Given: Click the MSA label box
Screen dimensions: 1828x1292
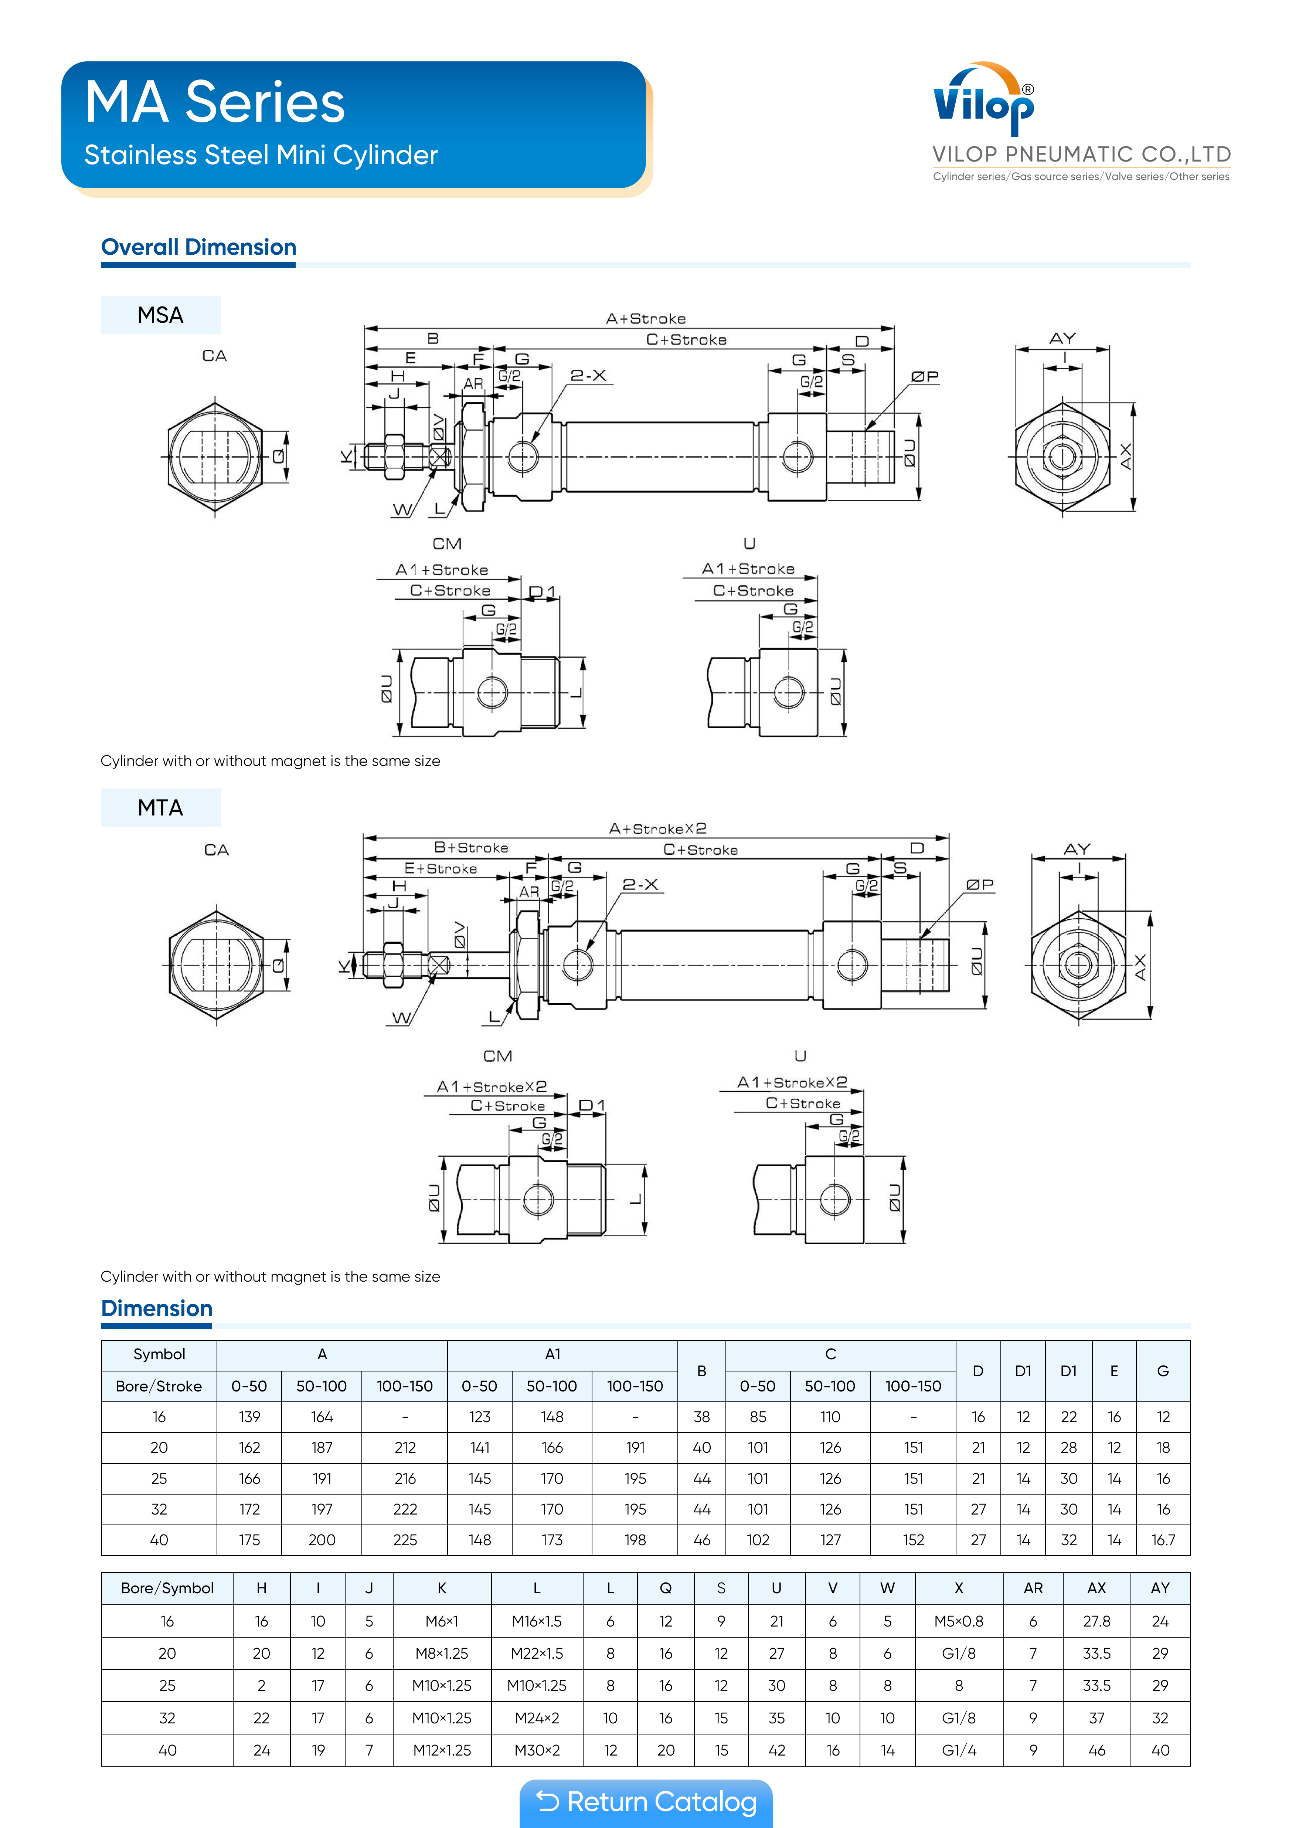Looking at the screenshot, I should pyautogui.click(x=161, y=315).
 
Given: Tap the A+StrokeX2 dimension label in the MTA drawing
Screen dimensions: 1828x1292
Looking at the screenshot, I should pyautogui.click(x=657, y=829).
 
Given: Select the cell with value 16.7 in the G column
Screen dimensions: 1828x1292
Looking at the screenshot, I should pyautogui.click(x=1163, y=1540).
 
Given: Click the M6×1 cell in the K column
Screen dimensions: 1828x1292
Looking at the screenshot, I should pyautogui.click(x=442, y=1621).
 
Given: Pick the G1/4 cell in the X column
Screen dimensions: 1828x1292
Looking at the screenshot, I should pyautogui.click(x=958, y=1750).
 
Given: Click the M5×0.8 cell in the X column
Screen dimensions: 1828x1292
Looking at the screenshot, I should pyautogui.click(x=958, y=1621).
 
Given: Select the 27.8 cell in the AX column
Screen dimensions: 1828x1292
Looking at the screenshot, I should pyautogui.click(x=1096, y=1621).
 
